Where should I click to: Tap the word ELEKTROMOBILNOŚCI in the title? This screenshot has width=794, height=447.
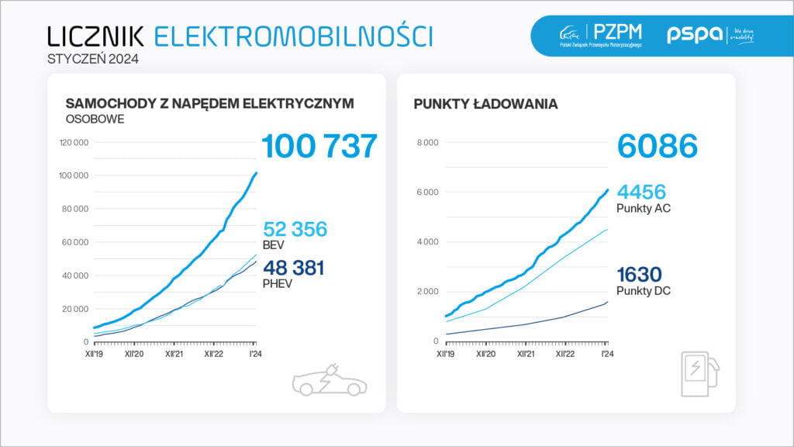click(293, 36)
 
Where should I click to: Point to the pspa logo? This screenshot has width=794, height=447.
click(695, 35)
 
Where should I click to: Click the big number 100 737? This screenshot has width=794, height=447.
click(319, 147)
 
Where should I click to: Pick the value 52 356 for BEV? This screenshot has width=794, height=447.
click(295, 229)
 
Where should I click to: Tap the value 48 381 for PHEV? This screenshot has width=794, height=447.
click(294, 268)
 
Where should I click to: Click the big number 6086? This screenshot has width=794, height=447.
click(658, 147)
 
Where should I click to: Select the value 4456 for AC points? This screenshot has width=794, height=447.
click(641, 192)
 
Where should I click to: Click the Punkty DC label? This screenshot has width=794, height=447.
click(644, 291)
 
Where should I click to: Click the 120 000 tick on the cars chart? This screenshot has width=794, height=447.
click(74, 142)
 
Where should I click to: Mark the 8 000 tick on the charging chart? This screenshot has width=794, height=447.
click(427, 142)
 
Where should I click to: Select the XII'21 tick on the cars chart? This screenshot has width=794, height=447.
click(174, 353)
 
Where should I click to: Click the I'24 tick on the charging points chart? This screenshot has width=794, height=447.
click(606, 353)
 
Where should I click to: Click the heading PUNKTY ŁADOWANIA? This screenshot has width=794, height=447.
click(485, 104)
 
